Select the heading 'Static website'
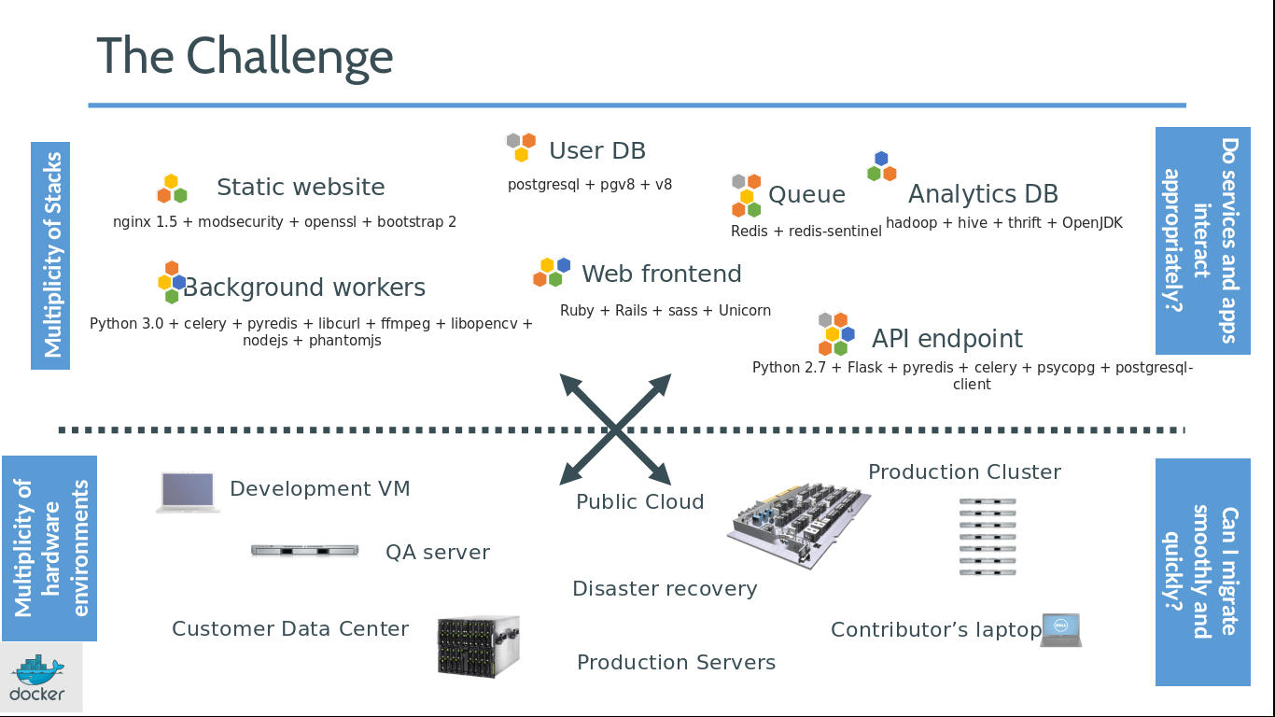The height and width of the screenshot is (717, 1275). point(301,188)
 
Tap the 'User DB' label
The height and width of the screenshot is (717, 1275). point(596,151)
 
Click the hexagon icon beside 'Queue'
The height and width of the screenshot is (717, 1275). point(746,195)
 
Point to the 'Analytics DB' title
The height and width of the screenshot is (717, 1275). point(983,194)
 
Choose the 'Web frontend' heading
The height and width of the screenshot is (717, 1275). point(661,274)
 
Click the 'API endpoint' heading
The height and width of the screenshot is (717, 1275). point(946,339)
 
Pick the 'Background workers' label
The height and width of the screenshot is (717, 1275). point(304,288)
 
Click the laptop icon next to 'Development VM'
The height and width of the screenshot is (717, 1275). point(189,492)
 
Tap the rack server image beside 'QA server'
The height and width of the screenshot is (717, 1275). point(305,551)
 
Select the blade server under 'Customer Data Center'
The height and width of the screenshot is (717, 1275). point(478,645)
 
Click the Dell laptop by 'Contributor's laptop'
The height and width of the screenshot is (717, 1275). point(1061,630)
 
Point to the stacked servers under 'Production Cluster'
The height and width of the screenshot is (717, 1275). point(988,537)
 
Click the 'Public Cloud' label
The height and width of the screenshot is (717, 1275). point(639,502)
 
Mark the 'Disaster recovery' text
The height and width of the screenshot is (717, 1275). point(665,589)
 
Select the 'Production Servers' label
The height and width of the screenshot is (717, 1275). point(676,663)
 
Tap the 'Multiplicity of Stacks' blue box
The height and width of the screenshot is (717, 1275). point(50,255)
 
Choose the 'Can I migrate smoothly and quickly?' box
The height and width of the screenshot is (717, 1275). point(1202,571)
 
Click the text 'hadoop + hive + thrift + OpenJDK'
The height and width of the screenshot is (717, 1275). point(1003,223)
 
